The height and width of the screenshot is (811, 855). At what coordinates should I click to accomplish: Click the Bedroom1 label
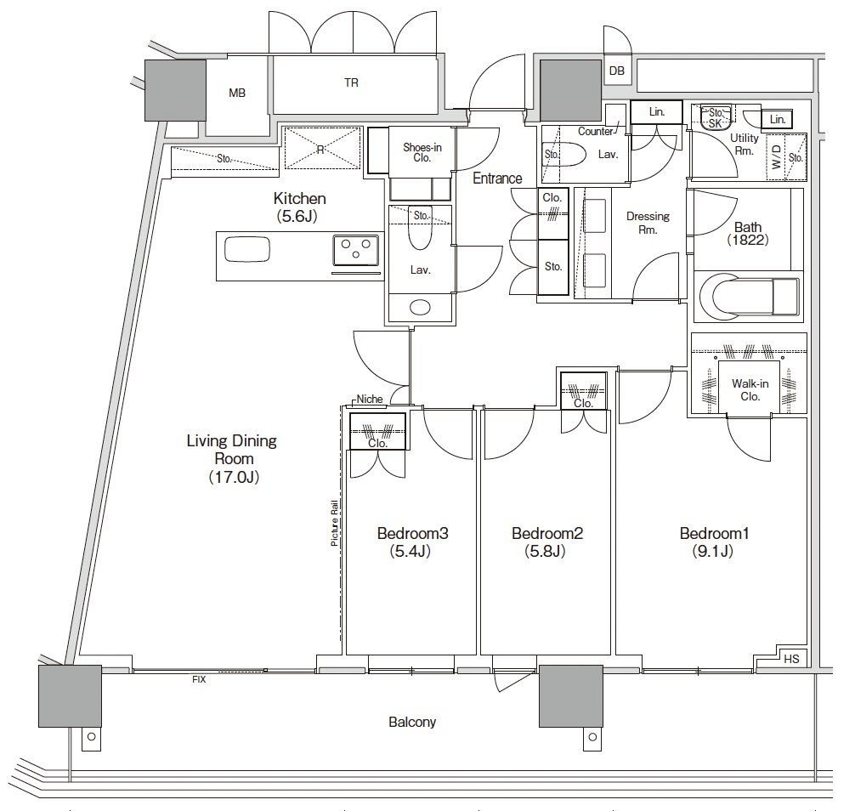tap(714, 533)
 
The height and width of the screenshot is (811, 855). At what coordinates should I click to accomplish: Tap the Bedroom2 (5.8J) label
tap(546, 542)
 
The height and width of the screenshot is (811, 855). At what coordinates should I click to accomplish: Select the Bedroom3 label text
tap(412, 533)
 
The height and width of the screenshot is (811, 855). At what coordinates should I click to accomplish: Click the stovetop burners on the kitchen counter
tap(356, 251)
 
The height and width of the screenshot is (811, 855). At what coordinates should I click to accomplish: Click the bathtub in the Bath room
tap(750, 297)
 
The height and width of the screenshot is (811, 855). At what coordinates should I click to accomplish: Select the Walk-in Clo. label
tap(750, 390)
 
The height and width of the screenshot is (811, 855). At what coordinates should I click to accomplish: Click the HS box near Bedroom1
tap(791, 659)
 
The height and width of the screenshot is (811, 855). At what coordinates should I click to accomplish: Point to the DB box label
tap(617, 71)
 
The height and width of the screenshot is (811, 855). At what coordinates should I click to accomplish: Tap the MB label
tap(236, 94)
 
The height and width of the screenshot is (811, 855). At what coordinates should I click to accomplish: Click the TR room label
tap(351, 83)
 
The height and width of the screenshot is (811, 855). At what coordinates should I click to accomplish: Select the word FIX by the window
tap(199, 679)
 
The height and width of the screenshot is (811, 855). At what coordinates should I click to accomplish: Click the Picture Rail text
tap(334, 523)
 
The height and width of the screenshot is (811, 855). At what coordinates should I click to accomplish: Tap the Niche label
tap(370, 400)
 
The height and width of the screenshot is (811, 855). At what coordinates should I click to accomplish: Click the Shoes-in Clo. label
tap(422, 153)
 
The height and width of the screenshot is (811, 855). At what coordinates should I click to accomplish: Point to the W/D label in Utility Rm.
tap(776, 156)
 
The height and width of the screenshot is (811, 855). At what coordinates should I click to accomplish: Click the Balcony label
tap(412, 722)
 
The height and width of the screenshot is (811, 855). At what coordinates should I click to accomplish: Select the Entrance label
tap(497, 179)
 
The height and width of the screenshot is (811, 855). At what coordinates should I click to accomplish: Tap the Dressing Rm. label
tap(648, 223)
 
